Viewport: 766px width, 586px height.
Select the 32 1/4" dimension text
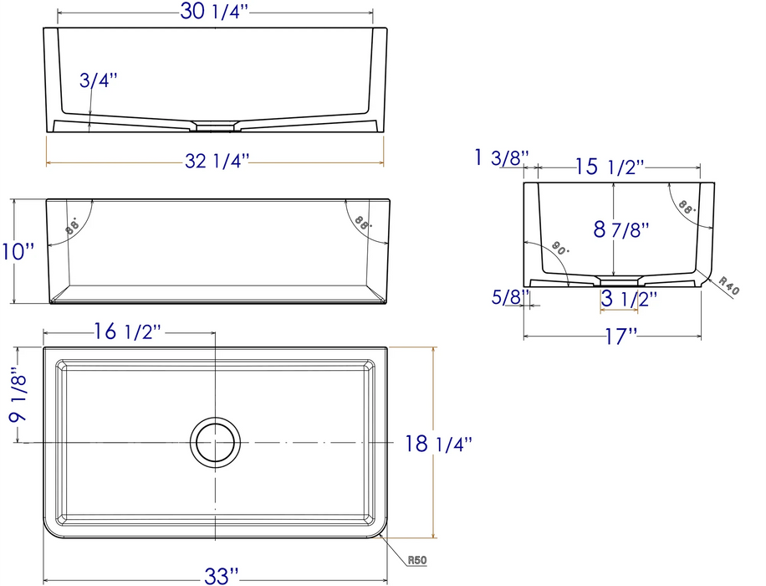[x=216, y=161]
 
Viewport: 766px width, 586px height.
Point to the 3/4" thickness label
[x=99, y=80]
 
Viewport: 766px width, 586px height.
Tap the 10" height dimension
[x=18, y=250]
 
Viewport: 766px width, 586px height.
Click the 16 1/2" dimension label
[x=128, y=332]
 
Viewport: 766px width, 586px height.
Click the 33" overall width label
[x=216, y=574]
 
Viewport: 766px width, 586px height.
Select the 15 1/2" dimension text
[x=610, y=167]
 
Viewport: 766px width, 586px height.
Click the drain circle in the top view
[x=216, y=443]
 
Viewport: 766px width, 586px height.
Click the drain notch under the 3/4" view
[x=216, y=127]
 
